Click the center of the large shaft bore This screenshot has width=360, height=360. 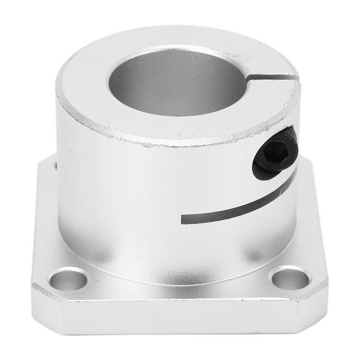tap(176, 82)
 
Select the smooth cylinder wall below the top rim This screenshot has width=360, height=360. tap(129, 194)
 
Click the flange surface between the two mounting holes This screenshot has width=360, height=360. tap(176, 294)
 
